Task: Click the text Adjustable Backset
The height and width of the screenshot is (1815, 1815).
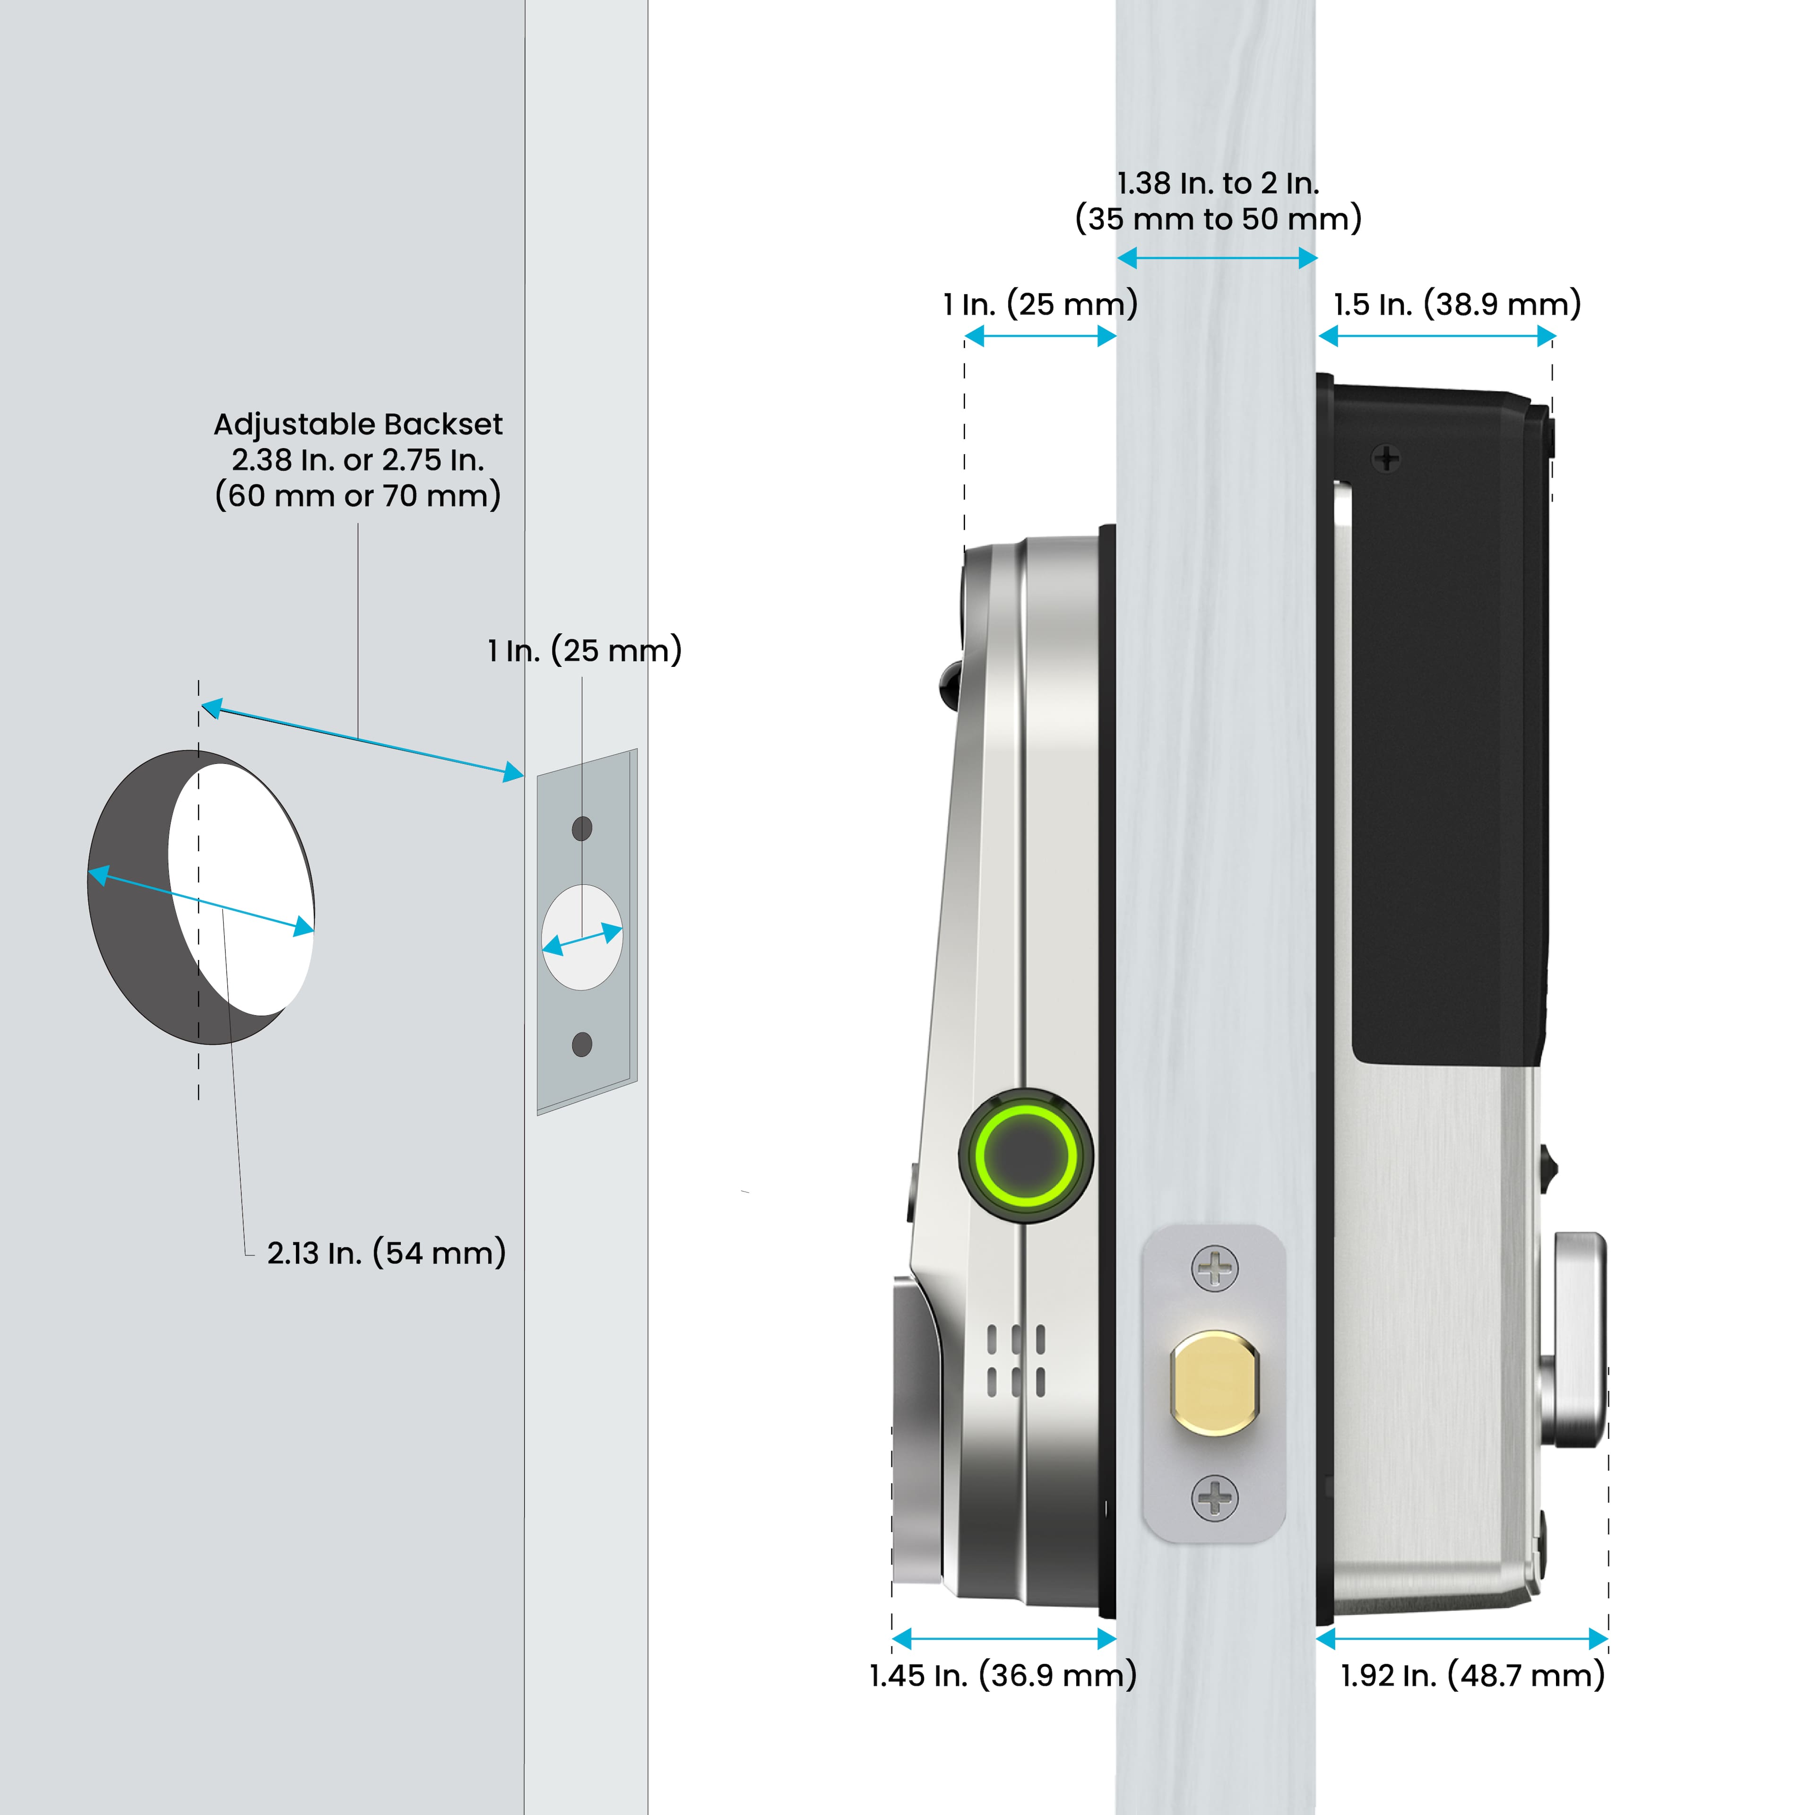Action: (x=358, y=424)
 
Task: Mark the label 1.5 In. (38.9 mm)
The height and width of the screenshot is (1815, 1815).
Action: (x=1457, y=304)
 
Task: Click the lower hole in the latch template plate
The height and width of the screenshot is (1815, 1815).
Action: (x=581, y=1044)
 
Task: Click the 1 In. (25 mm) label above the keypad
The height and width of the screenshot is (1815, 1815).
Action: (x=1040, y=304)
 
